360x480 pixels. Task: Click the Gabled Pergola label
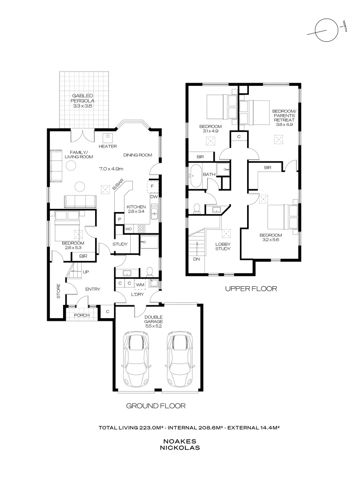pyautogui.click(x=83, y=101)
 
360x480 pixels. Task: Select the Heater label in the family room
pyautogui.click(x=108, y=146)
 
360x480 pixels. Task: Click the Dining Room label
pyautogui.click(x=138, y=155)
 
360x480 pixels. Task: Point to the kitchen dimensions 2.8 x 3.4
pyautogui.click(x=136, y=212)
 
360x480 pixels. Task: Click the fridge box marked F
pyautogui.click(x=152, y=186)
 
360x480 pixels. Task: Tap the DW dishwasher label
pyautogui.click(x=154, y=197)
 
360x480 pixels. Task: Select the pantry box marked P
pyautogui.click(x=120, y=219)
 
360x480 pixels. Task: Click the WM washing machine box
pyautogui.click(x=140, y=285)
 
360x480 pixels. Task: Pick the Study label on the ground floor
pyautogui.click(x=120, y=244)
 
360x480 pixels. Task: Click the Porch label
pyautogui.click(x=82, y=315)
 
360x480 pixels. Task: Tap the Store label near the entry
pyautogui.click(x=59, y=291)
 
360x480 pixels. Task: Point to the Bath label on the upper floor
pyautogui.click(x=209, y=174)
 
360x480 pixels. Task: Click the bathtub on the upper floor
pyautogui.click(x=195, y=176)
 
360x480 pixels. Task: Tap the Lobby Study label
pyautogui.click(x=223, y=246)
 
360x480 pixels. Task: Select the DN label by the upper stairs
pyautogui.click(x=196, y=259)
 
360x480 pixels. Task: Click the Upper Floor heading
pyautogui.click(x=251, y=288)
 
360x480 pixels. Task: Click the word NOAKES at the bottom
pyautogui.click(x=180, y=441)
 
